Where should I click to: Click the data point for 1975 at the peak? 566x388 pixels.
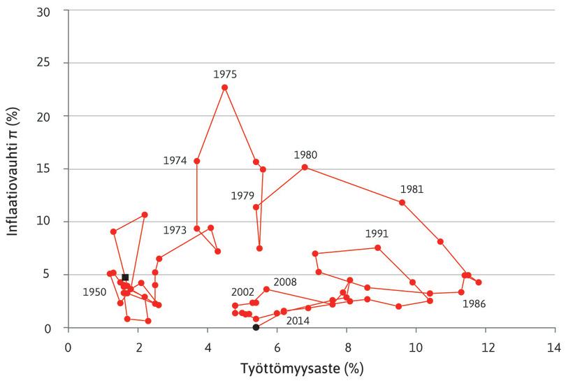224,87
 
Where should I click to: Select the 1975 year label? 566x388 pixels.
225,73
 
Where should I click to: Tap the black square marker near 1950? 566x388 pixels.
125,278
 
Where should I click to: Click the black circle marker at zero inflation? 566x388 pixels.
256,327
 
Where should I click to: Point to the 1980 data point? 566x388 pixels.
305,167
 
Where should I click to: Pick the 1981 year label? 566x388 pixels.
412,189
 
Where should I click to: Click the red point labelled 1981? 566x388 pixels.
402,203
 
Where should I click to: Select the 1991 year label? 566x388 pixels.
377,234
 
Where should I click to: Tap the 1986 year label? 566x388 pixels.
474,304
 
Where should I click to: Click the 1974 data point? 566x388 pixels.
197,161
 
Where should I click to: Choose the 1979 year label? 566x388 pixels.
242,196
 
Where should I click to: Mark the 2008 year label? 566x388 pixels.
285,282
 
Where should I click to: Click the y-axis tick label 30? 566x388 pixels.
52,10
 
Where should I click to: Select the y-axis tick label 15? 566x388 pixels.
52,169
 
